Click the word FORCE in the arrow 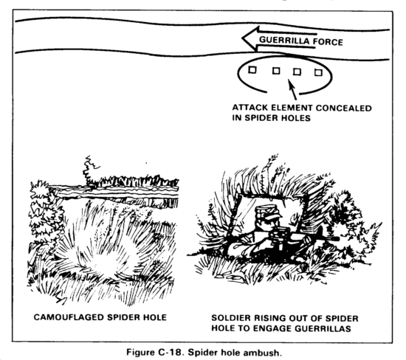pyautogui.click(x=328, y=41)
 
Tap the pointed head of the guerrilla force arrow pyautogui.click(x=243, y=38)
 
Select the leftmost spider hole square pyautogui.click(x=252, y=70)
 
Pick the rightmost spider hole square pyautogui.click(x=318, y=72)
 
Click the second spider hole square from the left pyautogui.click(x=276, y=71)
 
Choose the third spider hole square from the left pyautogui.click(x=297, y=72)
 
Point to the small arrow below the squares pyautogui.click(x=292, y=90)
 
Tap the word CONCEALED pyautogui.click(x=343, y=108)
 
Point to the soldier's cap pyautogui.click(x=267, y=212)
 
